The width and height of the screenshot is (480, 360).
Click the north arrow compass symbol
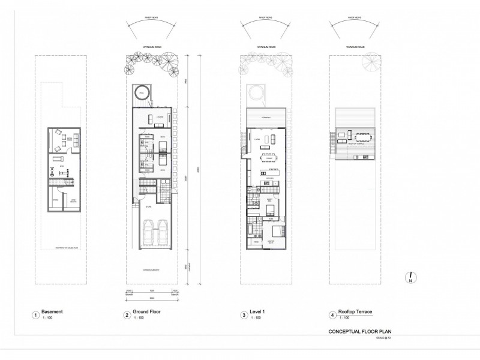(409, 278)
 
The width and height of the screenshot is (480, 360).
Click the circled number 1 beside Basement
(36, 314)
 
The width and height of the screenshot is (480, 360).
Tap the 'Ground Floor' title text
(146, 312)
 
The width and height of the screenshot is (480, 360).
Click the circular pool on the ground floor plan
(142, 92)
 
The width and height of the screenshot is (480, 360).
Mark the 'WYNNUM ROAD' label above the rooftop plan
(354, 46)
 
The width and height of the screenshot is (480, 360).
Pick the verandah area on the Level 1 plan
(266, 118)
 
